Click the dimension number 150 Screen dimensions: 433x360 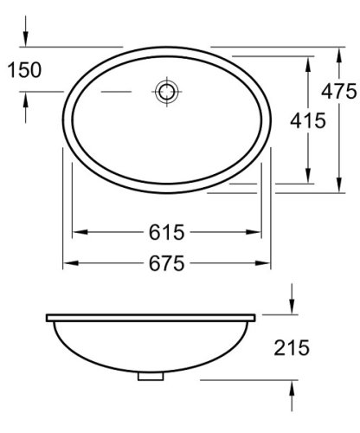pyautogui.click(x=24, y=70)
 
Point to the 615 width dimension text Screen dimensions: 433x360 pyautogui.click(x=166, y=232)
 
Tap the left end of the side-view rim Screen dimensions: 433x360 pyautogui.click(x=45, y=316)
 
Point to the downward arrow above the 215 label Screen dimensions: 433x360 pyautogui.click(x=292, y=308)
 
